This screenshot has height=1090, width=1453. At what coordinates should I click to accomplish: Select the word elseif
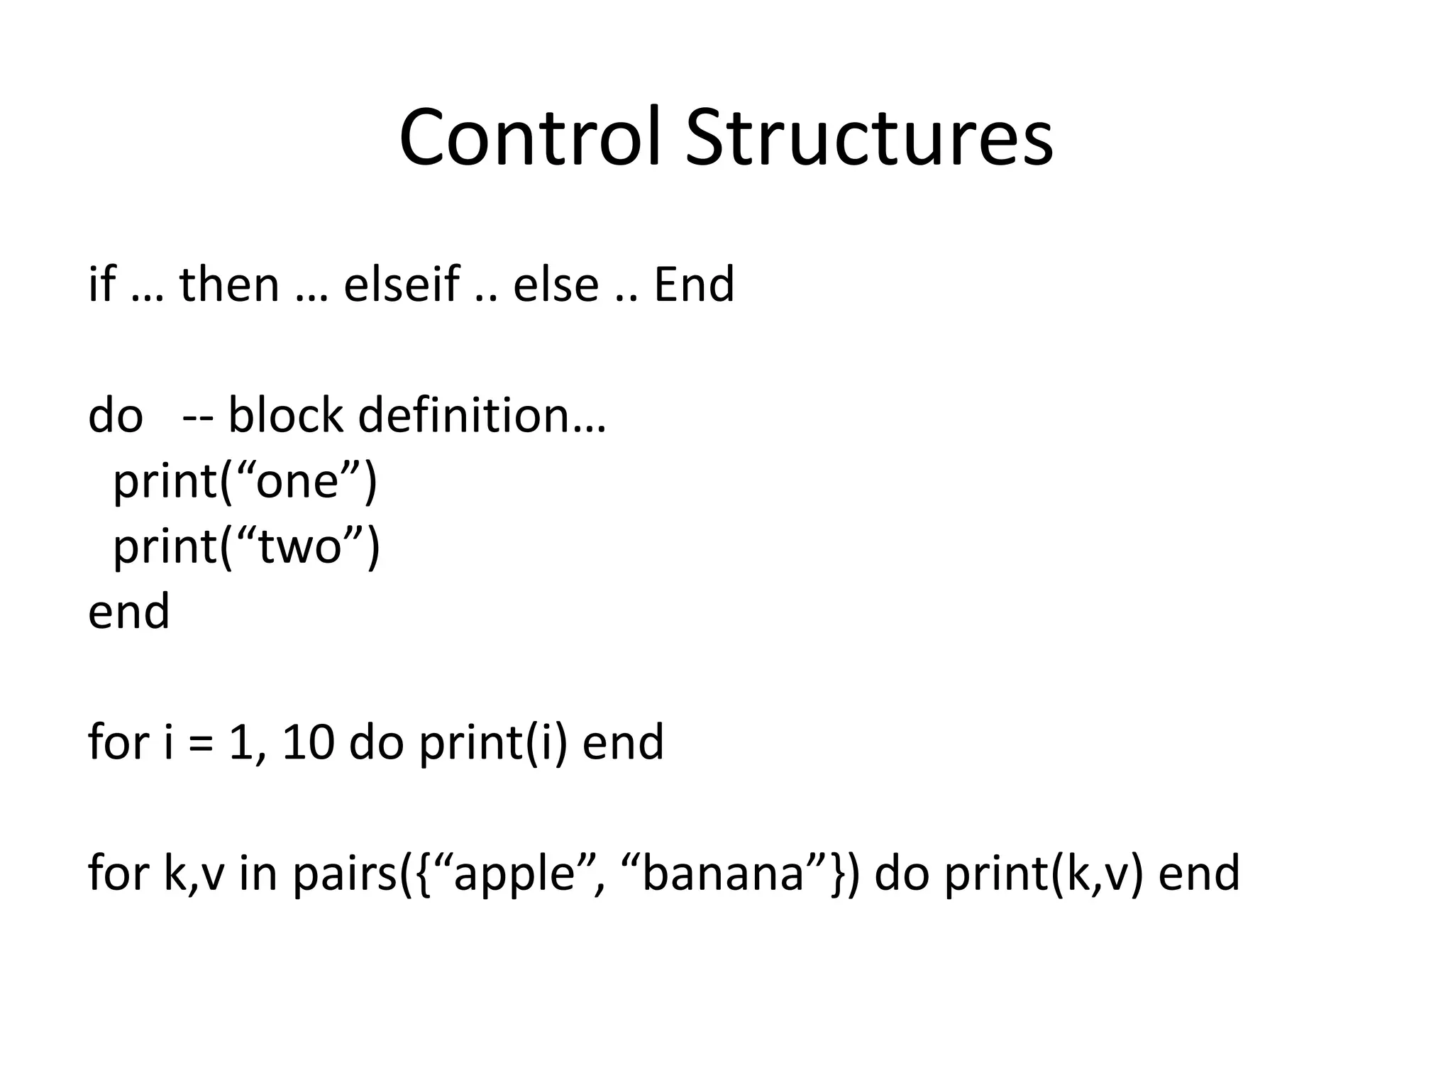(x=402, y=284)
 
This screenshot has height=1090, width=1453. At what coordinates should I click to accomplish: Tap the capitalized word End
(x=694, y=284)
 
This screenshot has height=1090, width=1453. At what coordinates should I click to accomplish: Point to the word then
(x=229, y=284)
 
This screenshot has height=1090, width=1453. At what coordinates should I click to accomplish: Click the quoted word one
(x=296, y=481)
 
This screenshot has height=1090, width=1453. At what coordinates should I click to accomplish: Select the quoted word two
(x=300, y=547)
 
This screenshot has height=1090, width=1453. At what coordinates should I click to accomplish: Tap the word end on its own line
(x=128, y=612)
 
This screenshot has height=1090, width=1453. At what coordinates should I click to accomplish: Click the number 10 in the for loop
(x=307, y=743)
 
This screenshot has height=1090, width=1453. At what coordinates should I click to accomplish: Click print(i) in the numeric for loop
(x=493, y=743)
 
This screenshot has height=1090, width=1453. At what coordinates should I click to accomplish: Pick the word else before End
(x=556, y=284)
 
